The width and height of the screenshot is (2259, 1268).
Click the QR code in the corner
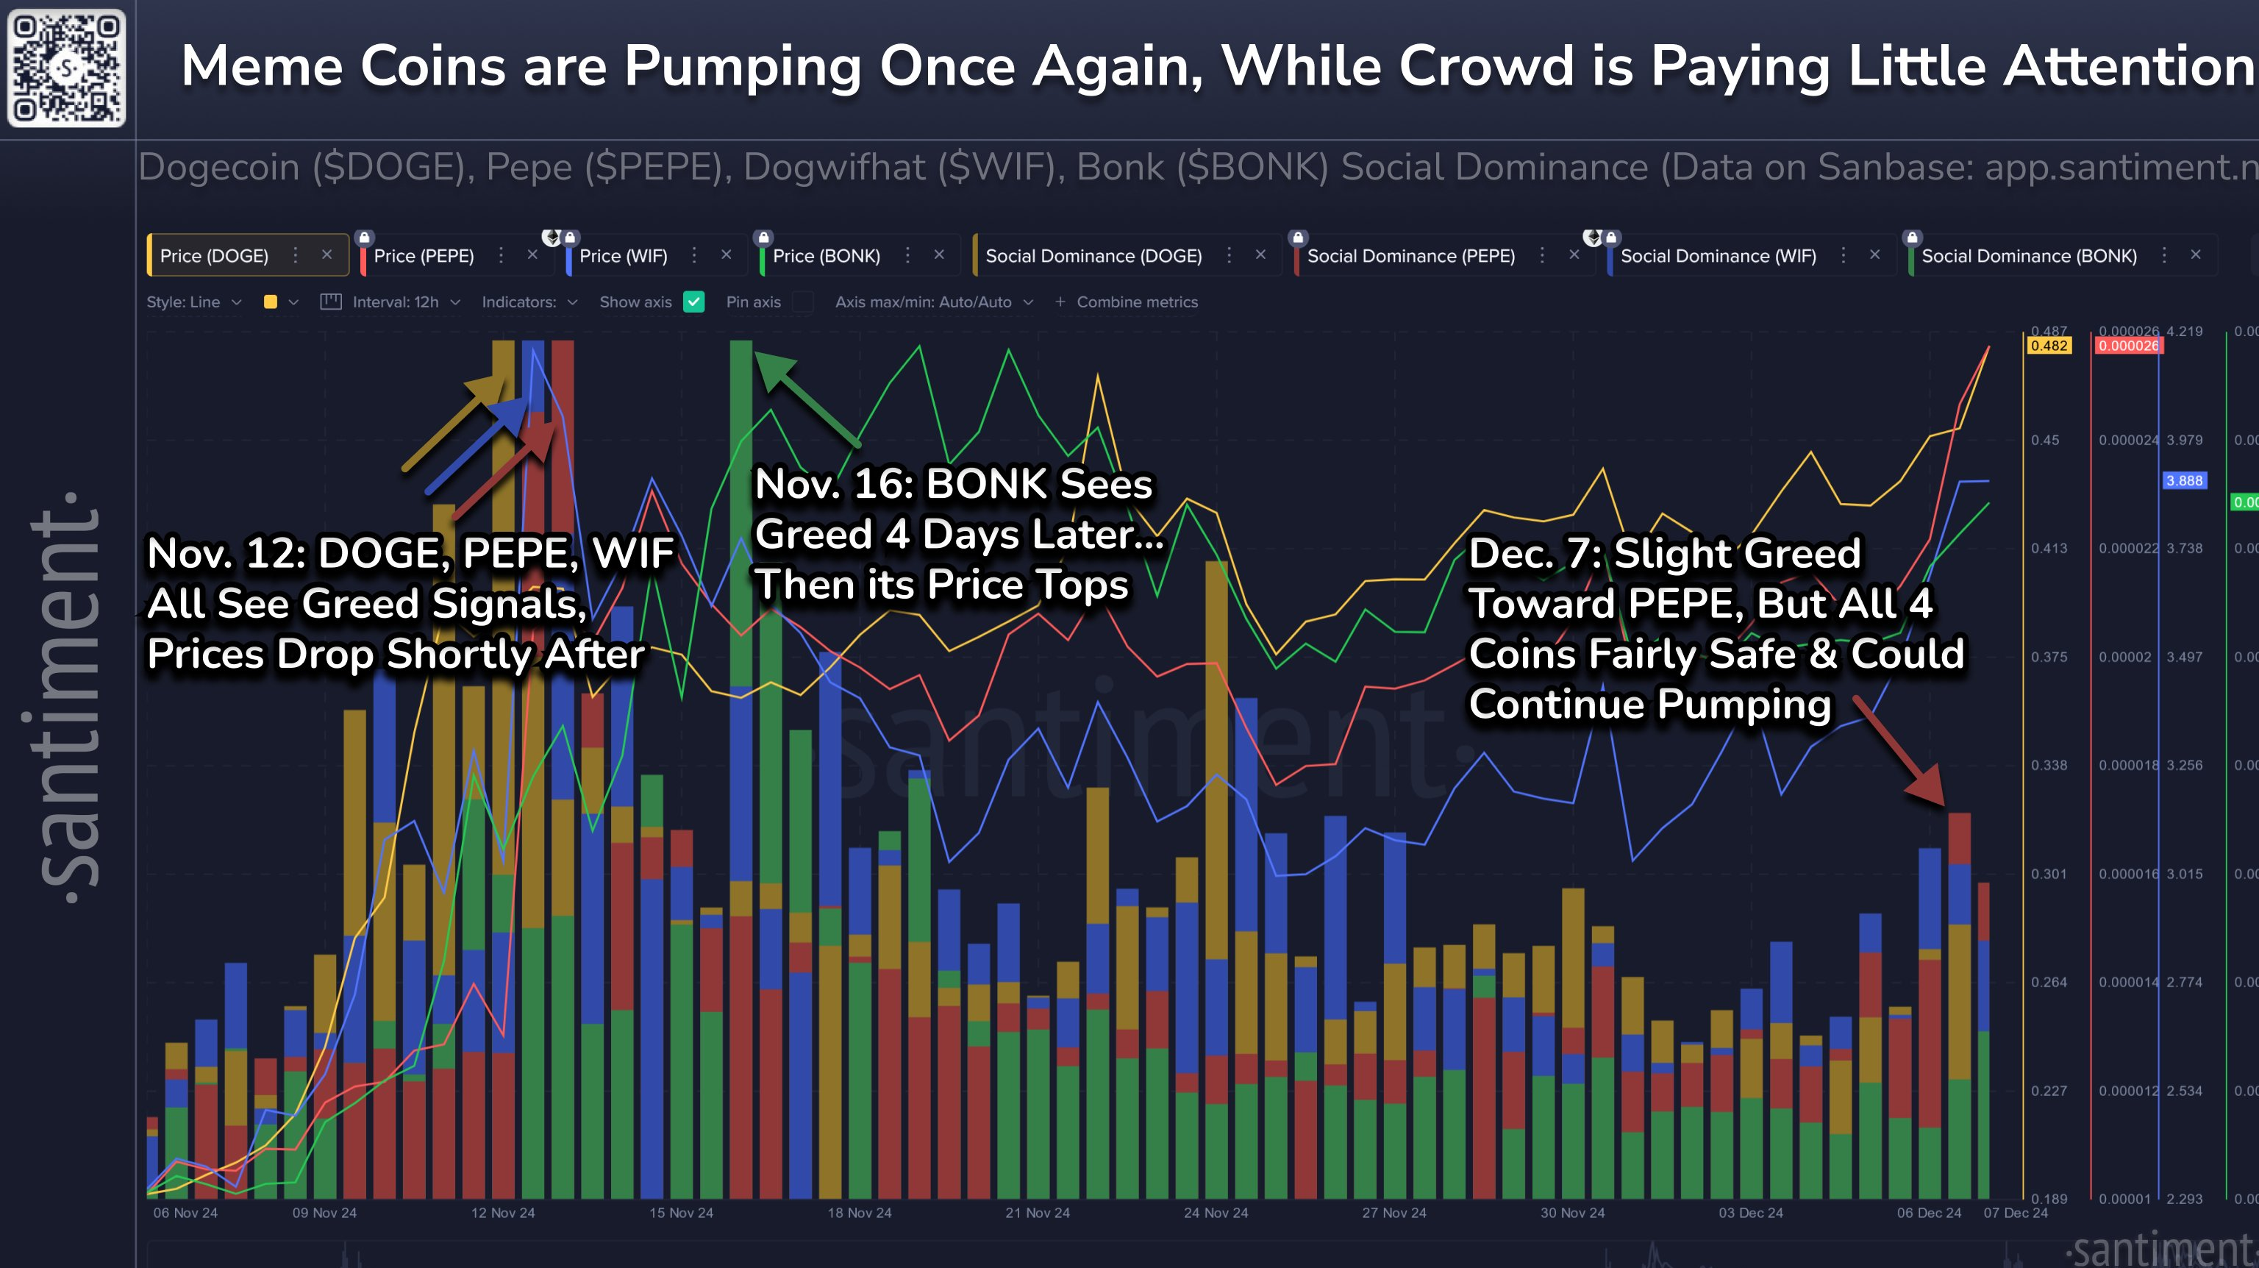(67, 68)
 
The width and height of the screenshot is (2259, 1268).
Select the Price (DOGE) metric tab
(214, 256)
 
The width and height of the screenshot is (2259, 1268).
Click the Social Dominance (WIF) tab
(1717, 256)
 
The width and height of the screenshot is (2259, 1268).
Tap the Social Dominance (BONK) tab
(2028, 256)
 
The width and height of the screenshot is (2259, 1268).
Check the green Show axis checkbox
(693, 302)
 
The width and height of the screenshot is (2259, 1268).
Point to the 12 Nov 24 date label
(502, 1213)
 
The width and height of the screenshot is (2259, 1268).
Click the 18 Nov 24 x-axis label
(860, 1213)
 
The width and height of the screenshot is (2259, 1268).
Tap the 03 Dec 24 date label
(1750, 1213)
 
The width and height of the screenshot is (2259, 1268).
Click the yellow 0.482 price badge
(2049, 346)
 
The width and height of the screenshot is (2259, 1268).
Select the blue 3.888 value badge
(2183, 480)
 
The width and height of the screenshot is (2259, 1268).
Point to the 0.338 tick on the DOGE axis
(2049, 766)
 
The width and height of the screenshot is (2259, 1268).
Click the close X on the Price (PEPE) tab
(532, 255)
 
